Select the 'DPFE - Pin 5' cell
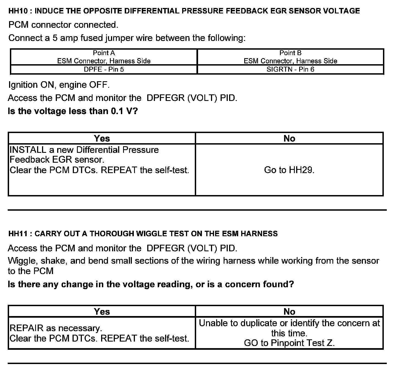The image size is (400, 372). click(104, 69)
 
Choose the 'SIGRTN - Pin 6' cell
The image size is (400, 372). click(290, 69)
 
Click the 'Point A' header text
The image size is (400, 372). click(104, 53)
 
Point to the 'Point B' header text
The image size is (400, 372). click(290, 53)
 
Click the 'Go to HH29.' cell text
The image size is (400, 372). click(289, 170)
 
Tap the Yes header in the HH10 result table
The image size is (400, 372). click(102, 139)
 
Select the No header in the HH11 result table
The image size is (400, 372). click(289, 312)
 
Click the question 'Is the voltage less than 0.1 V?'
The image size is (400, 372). click(73, 111)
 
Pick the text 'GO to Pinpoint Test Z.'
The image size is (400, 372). click(289, 343)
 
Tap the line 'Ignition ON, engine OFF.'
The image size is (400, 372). click(59, 85)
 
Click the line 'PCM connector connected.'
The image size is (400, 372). click(63, 25)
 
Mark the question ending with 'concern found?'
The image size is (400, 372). click(151, 284)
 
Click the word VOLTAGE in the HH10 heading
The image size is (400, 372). click(341, 11)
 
